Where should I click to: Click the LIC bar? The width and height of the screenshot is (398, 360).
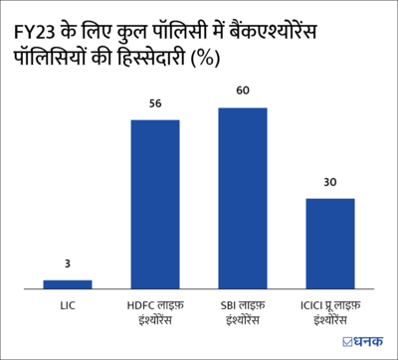point(68,283)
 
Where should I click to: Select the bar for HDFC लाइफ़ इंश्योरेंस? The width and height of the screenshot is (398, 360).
point(155,204)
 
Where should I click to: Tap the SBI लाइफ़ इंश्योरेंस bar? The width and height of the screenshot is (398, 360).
point(242,198)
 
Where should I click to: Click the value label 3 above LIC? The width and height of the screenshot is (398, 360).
point(68,264)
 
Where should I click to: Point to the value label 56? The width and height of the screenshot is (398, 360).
point(155,103)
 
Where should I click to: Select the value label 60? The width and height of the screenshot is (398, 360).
point(242,90)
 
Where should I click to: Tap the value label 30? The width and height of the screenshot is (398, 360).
point(329,182)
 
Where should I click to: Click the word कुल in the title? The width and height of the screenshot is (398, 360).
point(141,37)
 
